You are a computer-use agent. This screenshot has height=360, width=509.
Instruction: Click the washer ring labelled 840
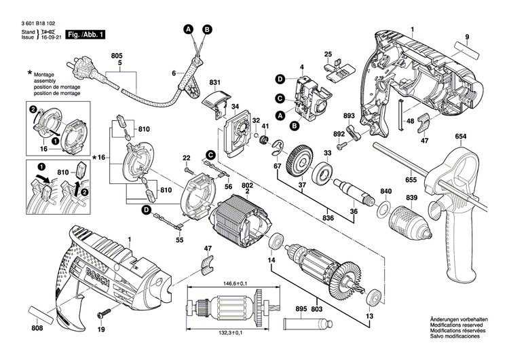(383, 209)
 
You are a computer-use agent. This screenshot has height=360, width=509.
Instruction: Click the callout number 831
(215, 83)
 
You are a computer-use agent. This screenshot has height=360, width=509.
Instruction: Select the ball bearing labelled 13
(375, 296)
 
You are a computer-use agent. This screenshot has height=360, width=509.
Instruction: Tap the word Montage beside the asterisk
(45, 73)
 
